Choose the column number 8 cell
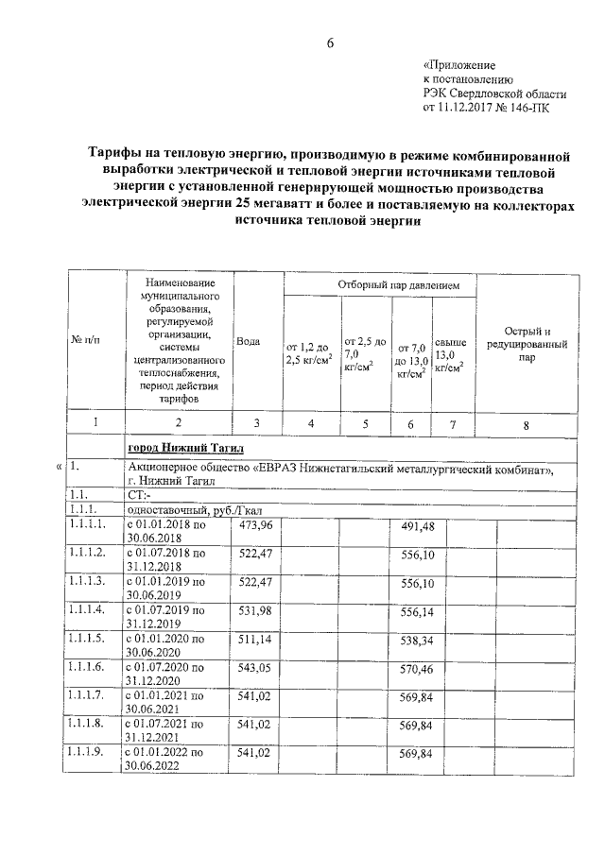click(527, 425)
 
